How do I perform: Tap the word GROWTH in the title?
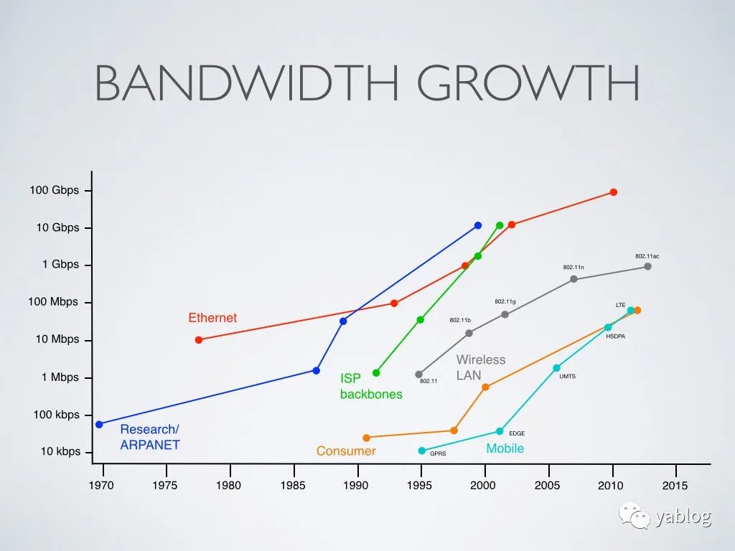[x=528, y=84]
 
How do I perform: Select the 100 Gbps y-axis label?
[x=55, y=191]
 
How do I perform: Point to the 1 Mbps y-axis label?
[x=61, y=377]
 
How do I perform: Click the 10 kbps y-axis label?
[x=60, y=452]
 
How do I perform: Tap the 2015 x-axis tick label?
[x=675, y=486]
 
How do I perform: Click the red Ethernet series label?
[x=212, y=318]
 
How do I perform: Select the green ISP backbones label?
[x=371, y=386]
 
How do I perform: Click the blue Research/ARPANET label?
[x=149, y=437]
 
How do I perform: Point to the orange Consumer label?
[x=346, y=451]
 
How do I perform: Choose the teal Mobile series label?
[x=505, y=448]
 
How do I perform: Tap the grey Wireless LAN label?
[x=481, y=367]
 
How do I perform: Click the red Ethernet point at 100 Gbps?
[x=614, y=192]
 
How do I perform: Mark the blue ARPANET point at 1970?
[x=99, y=424]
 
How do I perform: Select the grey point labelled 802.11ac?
[x=647, y=266]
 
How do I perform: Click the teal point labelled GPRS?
[x=421, y=451]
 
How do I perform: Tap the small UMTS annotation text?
[x=567, y=377]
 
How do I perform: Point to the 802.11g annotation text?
[x=505, y=302]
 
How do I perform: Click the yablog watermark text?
[x=683, y=518]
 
